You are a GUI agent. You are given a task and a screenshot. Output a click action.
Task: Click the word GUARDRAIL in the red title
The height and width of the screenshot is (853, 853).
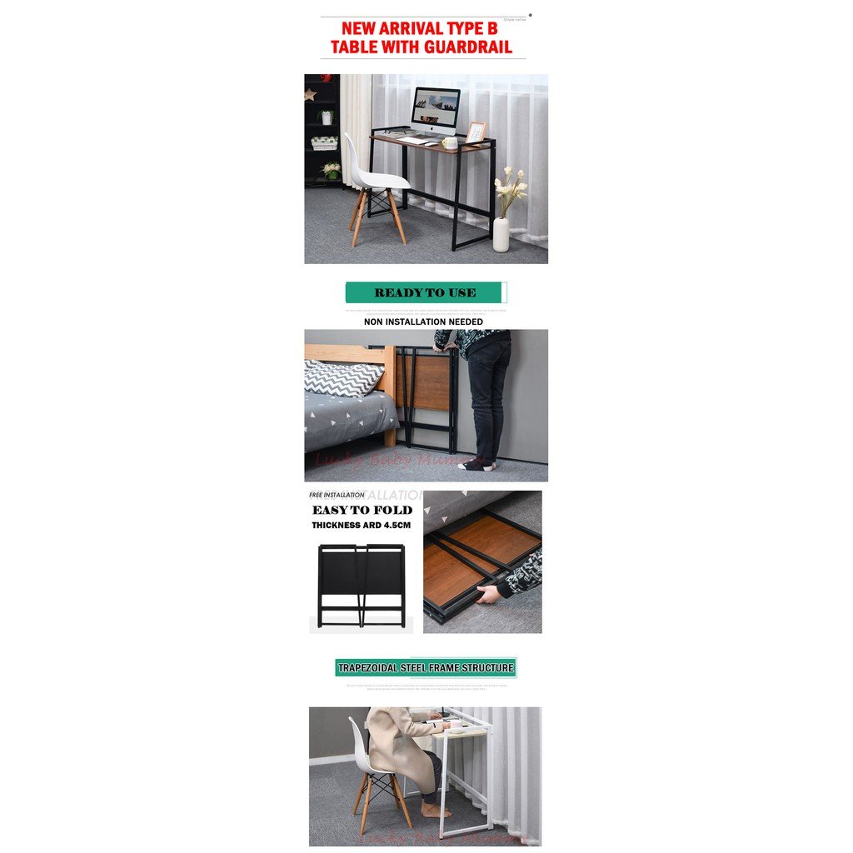(x=466, y=47)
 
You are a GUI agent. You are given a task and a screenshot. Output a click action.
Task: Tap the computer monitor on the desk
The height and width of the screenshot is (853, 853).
(x=435, y=108)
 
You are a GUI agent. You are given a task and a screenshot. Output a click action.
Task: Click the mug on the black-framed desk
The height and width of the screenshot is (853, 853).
(x=451, y=142)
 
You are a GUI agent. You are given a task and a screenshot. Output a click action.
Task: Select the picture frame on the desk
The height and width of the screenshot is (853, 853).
(x=475, y=132)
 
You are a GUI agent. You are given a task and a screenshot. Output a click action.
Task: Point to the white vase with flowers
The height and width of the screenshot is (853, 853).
(x=501, y=233)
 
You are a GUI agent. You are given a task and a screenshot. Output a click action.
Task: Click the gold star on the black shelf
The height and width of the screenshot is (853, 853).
(x=310, y=94)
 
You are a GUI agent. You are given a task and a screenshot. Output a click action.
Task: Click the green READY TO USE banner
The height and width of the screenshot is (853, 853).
(x=425, y=292)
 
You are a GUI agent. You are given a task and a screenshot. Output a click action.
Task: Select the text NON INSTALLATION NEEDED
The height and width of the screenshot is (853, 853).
(x=423, y=322)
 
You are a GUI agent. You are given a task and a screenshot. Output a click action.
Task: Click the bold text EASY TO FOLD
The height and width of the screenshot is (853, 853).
(x=362, y=510)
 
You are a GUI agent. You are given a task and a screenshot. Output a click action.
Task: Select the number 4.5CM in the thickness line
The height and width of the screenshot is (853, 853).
(x=396, y=526)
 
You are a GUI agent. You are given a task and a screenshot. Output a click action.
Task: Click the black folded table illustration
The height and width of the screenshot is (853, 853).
(x=361, y=586)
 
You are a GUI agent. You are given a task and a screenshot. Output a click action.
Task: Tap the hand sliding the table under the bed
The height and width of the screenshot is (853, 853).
(x=488, y=594)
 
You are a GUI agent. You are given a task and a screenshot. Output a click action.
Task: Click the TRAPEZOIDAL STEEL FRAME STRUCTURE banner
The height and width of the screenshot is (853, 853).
(x=426, y=667)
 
